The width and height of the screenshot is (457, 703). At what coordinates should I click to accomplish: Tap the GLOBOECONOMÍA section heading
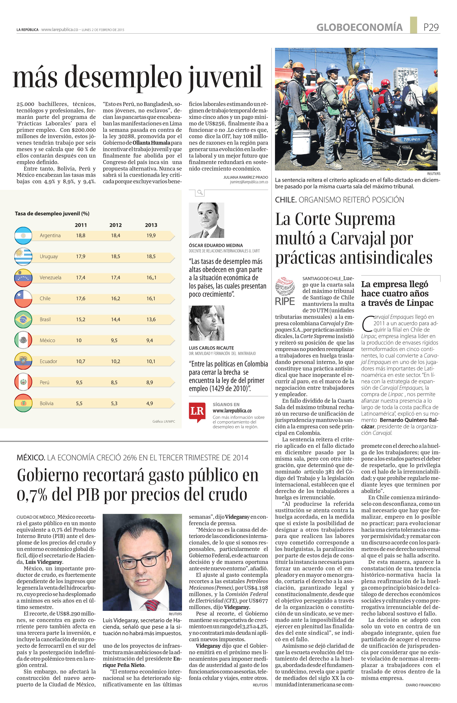[x=359, y=27]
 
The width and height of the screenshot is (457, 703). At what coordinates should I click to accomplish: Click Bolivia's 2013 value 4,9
[x=150, y=403]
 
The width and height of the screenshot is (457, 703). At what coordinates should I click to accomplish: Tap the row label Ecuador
[x=48, y=361]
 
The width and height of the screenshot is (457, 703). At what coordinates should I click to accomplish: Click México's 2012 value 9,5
[x=114, y=340]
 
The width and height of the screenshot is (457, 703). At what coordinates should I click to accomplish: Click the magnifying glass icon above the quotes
[x=200, y=193]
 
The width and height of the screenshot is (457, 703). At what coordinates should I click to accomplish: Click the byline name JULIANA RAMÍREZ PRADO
[x=245, y=177]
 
